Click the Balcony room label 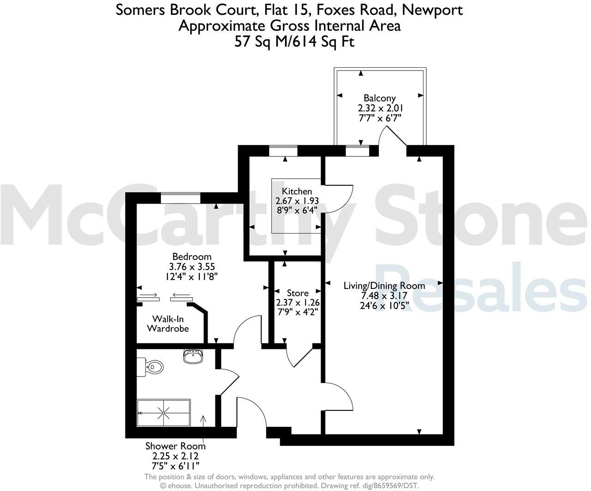tap(379, 98)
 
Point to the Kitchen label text tap(297, 191)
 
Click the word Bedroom tap(191, 257)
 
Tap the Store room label tap(298, 293)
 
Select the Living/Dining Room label tap(384, 286)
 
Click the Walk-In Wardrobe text tap(168, 323)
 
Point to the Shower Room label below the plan tap(175, 446)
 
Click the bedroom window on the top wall tap(180, 198)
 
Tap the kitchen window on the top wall tap(283, 151)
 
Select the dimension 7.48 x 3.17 tap(384, 296)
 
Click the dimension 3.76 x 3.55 tap(191, 267)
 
